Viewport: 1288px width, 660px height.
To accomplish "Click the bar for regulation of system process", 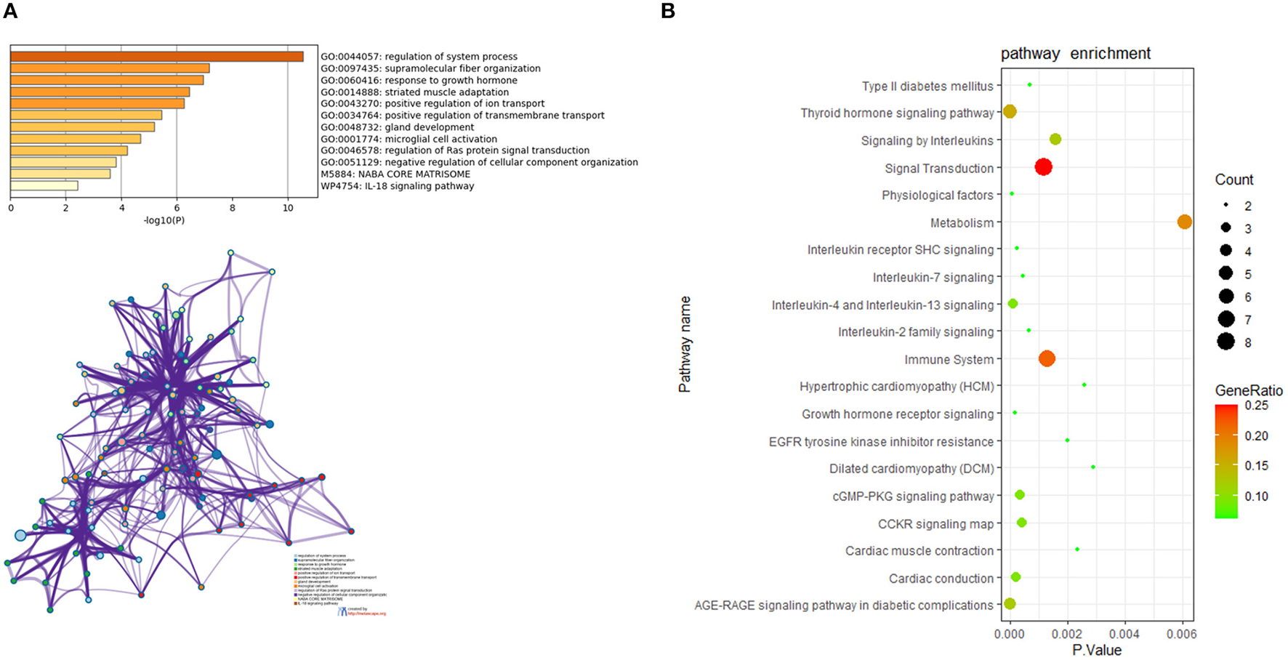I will (156, 57).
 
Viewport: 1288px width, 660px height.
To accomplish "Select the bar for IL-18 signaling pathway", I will (44, 186).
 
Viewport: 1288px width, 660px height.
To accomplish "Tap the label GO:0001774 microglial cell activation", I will (408, 139).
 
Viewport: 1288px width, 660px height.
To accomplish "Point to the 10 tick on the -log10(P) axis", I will (288, 208).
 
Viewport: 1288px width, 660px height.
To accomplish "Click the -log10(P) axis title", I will (164, 220).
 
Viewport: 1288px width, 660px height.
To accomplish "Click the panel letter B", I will (668, 11).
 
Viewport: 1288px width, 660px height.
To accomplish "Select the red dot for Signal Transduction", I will (1043, 167).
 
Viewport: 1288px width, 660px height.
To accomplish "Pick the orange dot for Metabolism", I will (1184, 222).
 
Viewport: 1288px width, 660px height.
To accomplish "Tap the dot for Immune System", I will (1047, 358).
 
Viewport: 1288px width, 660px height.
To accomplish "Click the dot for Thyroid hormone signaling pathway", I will (1009, 112).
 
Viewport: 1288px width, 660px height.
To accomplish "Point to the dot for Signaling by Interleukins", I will (1055, 139).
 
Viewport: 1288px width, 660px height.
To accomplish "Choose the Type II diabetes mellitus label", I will (927, 86).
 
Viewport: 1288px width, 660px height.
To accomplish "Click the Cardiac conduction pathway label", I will (941, 579).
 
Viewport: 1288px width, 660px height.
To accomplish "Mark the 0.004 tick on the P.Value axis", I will (1124, 635).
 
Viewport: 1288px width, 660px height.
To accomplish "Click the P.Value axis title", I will (1097, 650).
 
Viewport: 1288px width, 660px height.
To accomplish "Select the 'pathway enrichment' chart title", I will (1075, 54).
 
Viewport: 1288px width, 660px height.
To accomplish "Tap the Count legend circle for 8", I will (1226, 342).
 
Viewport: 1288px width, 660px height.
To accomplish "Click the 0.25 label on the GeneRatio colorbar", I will (1256, 406).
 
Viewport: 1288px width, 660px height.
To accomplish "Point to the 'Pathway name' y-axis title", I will (685, 345).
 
